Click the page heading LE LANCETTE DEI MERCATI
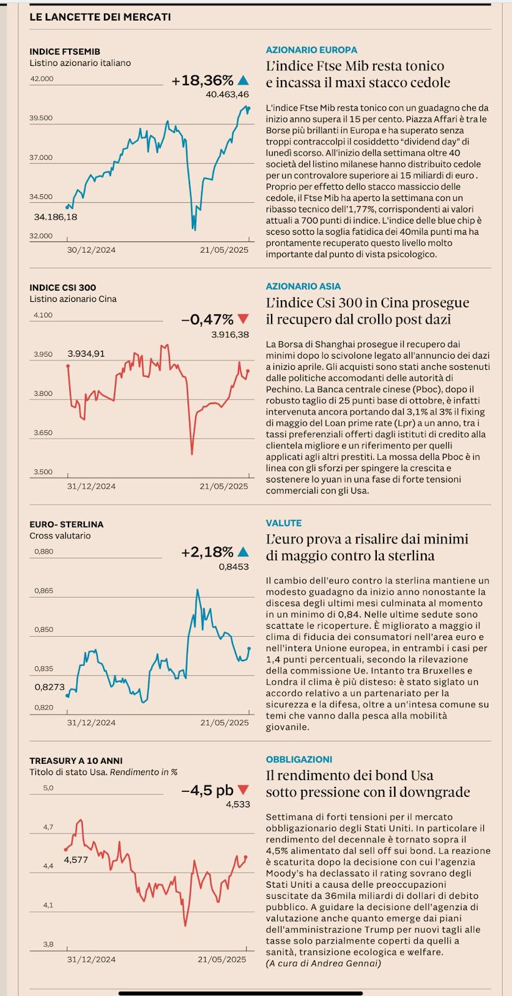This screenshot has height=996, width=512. [100, 17]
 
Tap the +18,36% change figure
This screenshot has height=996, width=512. [202, 80]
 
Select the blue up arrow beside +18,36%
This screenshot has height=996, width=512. [243, 80]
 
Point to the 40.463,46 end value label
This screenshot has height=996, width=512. [227, 95]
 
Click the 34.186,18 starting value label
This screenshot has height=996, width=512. [55, 217]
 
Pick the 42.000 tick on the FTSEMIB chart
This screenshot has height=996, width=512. [42, 79]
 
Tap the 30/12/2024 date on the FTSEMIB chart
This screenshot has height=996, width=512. [91, 250]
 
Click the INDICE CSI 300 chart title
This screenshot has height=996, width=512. [63, 288]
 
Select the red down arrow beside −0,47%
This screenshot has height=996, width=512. [243, 320]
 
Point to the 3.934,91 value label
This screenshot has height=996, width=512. [86, 354]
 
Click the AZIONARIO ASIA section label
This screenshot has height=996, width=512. [303, 286]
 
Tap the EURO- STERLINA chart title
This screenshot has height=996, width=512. [67, 524]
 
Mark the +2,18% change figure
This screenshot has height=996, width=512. [207, 552]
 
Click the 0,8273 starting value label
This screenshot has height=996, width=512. [50, 687]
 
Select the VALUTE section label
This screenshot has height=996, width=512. [283, 523]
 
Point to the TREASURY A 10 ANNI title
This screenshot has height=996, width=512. [76, 761]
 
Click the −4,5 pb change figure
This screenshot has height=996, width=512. [207, 791]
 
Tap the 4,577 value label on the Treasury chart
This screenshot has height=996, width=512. [76, 860]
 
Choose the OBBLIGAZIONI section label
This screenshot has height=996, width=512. [299, 759]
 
